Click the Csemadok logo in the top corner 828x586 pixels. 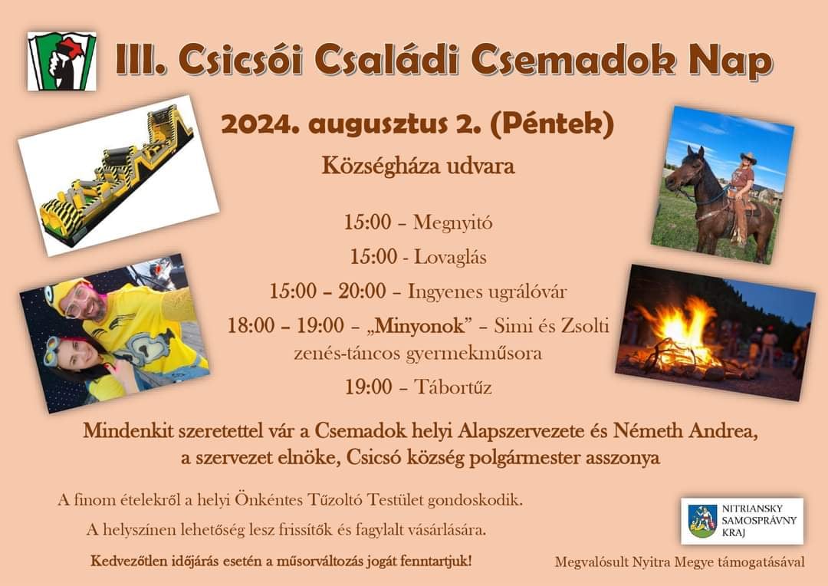pos(62,61)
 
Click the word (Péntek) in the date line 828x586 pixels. pos(552,124)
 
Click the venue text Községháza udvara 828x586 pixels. pos(419,166)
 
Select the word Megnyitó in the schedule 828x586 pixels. pos(452,222)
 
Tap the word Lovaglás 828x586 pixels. pos(450,257)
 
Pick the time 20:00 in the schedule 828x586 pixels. pos(362,291)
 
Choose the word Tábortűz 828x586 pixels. pos(452,387)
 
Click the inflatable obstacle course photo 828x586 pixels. pos(119,176)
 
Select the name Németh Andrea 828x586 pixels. pos(685,431)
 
